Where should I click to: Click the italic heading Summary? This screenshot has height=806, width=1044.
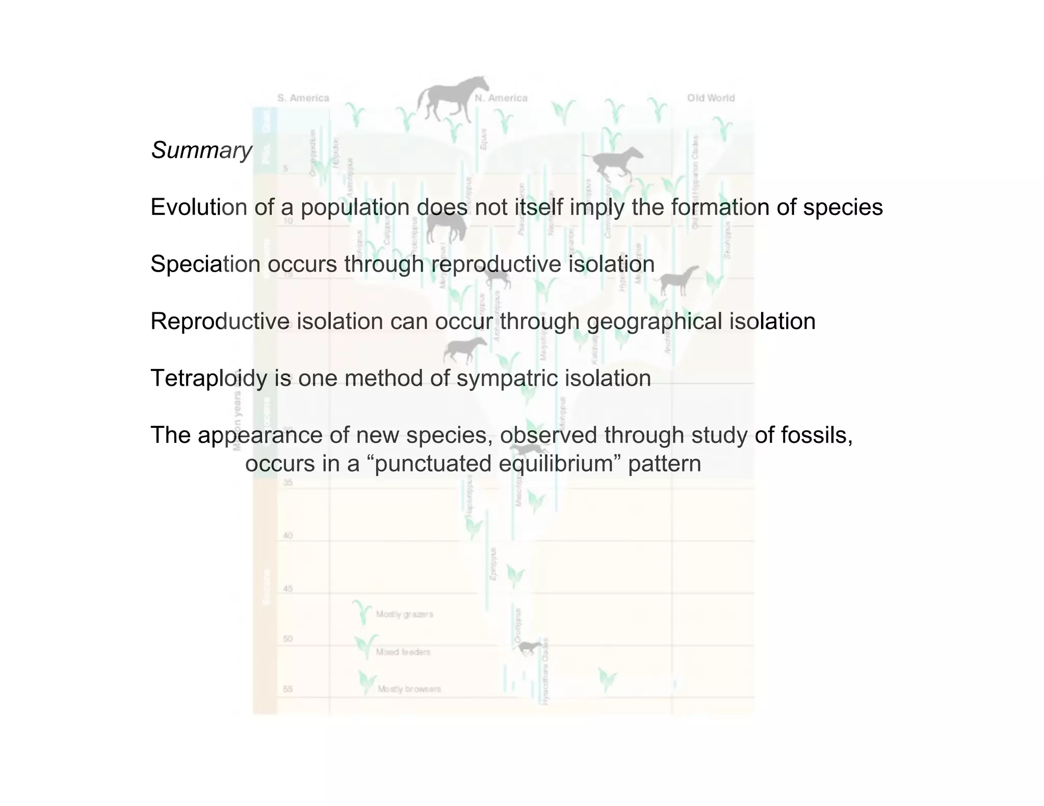click(201, 150)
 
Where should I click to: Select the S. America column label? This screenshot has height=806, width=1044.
click(303, 98)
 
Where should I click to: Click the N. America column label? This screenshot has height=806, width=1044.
click(501, 98)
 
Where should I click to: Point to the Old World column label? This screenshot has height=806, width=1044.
click(711, 98)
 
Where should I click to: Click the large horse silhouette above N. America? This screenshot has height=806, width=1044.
click(452, 99)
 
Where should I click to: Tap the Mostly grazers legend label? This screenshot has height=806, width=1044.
click(404, 614)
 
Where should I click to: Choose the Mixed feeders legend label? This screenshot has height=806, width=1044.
click(403, 652)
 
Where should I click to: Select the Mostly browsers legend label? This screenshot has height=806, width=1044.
click(409, 689)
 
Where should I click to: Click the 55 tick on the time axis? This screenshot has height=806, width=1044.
click(288, 689)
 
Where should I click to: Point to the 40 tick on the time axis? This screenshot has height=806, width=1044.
click(288, 535)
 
